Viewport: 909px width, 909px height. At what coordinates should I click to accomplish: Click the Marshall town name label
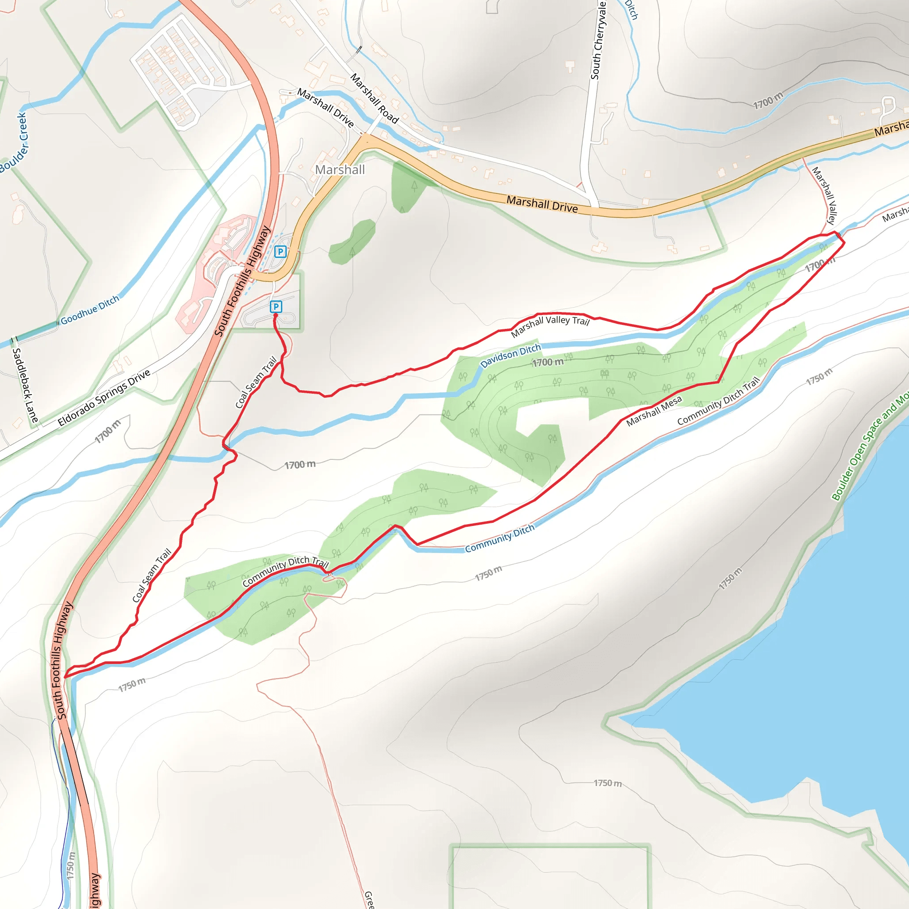point(340,170)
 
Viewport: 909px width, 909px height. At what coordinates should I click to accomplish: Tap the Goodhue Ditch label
point(90,310)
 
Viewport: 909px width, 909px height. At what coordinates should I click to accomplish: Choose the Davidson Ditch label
point(510,356)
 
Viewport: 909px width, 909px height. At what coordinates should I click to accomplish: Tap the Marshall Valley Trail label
point(550,325)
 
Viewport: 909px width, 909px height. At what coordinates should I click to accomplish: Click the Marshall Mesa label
point(654,411)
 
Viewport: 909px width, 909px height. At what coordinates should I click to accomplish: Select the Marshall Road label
point(375,99)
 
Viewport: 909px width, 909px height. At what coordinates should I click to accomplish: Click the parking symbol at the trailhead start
point(276,307)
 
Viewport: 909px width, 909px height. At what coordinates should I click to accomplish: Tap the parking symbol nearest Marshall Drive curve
point(281,252)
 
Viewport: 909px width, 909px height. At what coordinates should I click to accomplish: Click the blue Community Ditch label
point(500,538)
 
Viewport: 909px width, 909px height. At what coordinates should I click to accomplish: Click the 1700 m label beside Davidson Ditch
point(548,362)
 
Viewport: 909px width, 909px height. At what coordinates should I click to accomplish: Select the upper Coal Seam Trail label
point(256,382)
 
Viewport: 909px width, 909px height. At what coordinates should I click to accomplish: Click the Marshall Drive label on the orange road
point(542,204)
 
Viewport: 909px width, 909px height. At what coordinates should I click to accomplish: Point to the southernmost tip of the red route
point(64,677)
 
